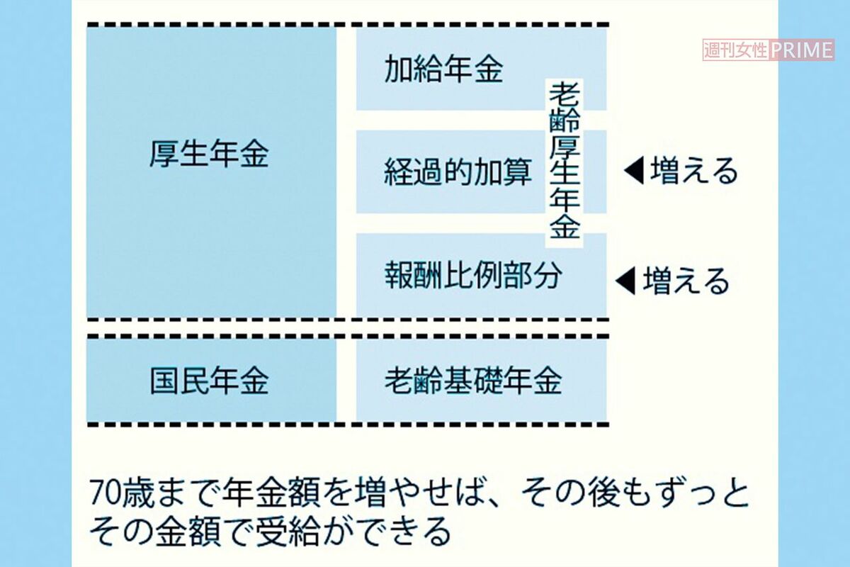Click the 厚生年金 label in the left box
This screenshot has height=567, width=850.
point(209,154)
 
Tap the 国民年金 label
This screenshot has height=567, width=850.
point(209,380)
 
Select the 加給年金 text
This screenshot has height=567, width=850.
point(443,69)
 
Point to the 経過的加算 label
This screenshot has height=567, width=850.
point(458,172)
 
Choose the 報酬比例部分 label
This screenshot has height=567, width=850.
point(473,275)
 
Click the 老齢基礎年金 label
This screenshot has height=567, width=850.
point(473,380)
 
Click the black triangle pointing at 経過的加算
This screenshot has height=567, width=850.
point(634,172)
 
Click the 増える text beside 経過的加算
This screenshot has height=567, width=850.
point(694,172)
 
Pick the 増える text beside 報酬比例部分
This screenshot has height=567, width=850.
point(686,281)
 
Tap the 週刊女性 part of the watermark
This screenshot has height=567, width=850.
point(736,50)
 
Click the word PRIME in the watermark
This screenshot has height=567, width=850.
point(801,50)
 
